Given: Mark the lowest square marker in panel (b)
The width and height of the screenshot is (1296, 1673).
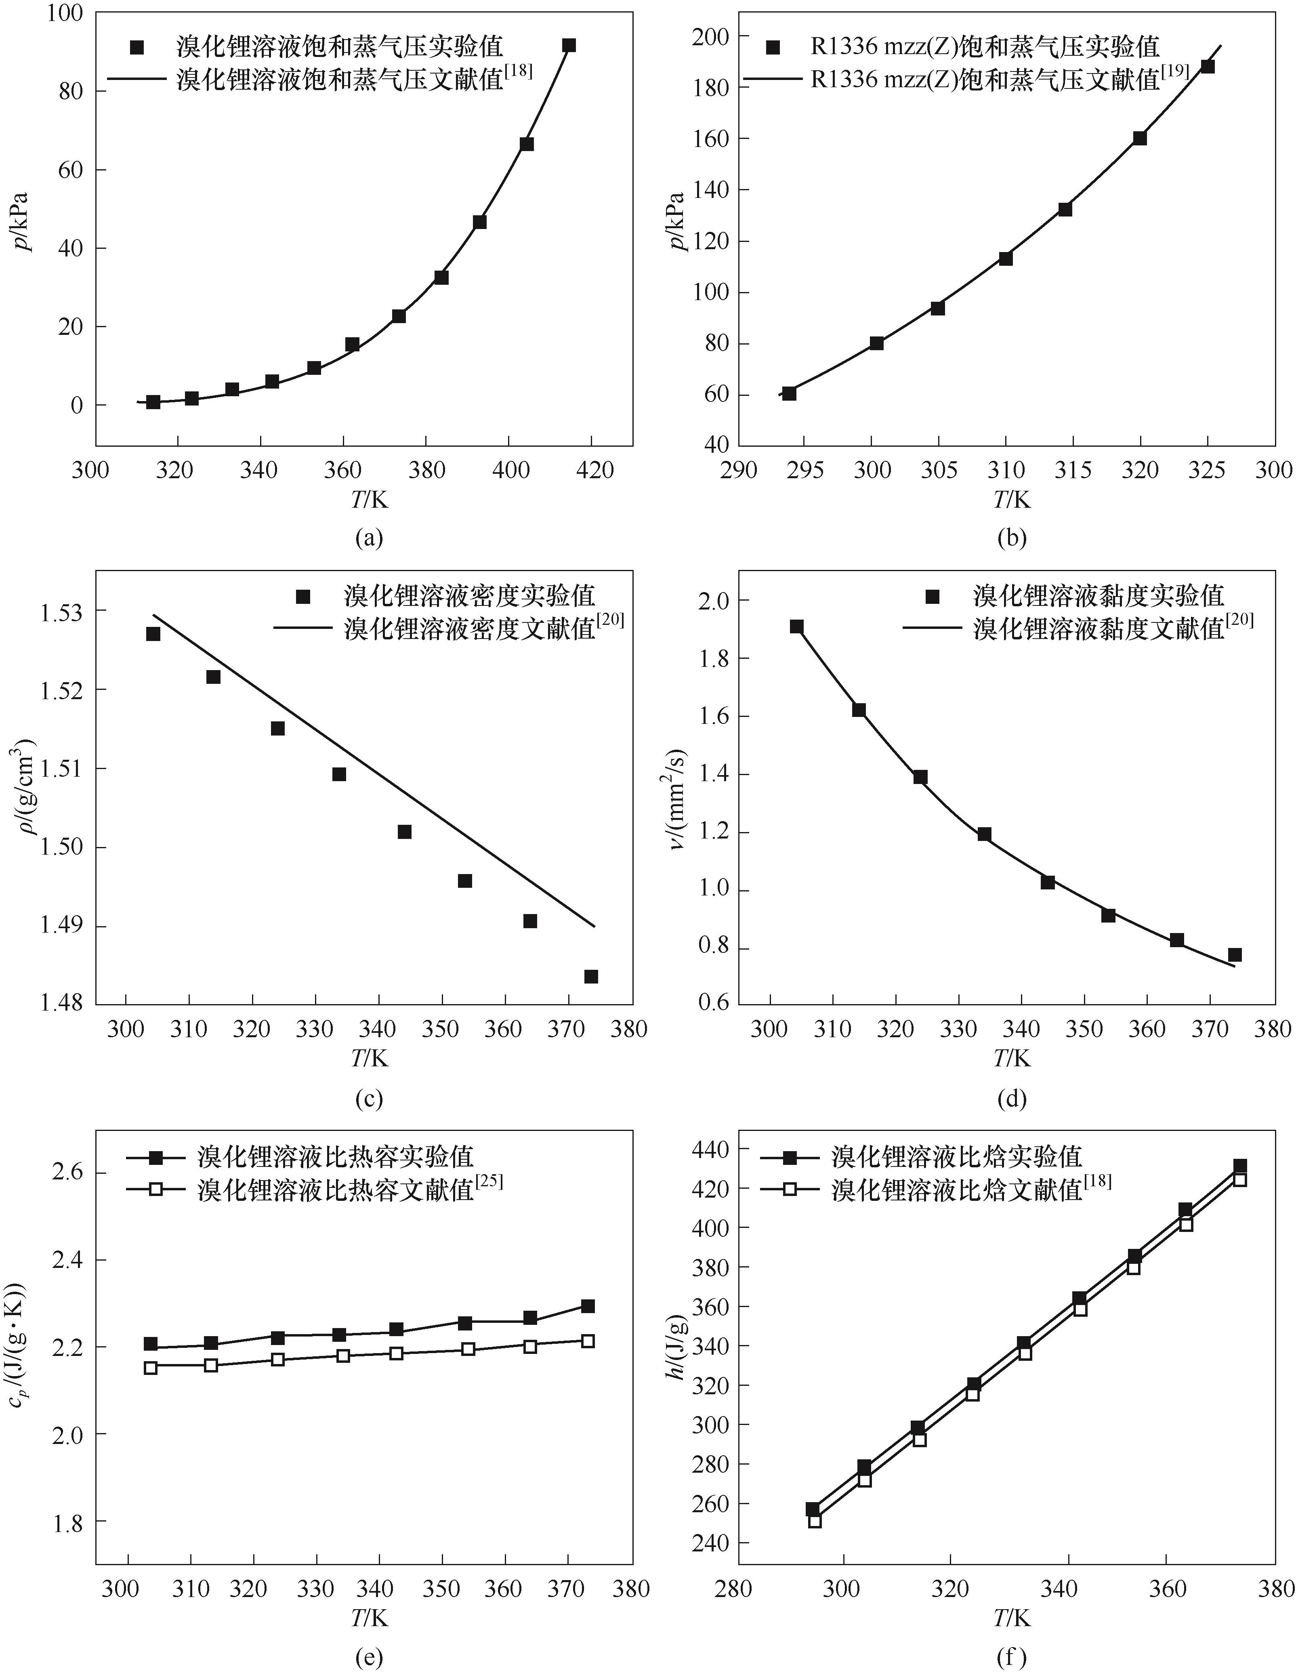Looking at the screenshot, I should coord(789,394).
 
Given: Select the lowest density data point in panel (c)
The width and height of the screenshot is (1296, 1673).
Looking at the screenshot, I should coord(590,977).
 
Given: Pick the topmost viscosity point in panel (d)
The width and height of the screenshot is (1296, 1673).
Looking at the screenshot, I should coord(796,626).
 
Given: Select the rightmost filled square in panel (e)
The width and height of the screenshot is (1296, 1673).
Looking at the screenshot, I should coord(588,1306).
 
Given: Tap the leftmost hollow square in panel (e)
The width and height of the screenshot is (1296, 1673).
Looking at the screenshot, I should coord(151,1367).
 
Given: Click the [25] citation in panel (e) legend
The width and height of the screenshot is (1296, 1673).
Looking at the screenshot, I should coord(489,1183).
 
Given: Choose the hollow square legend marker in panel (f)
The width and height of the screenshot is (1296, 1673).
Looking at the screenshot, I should coord(790,1190).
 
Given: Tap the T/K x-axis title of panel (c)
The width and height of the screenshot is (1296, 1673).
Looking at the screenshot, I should coord(369,1058).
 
